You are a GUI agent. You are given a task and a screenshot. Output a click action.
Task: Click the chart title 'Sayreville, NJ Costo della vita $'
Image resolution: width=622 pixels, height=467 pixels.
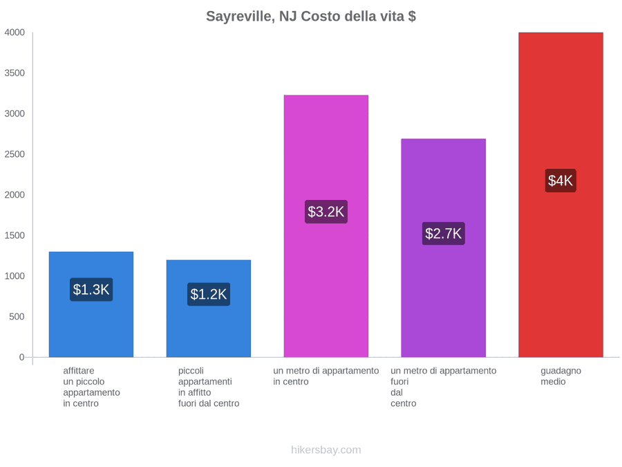(311, 17)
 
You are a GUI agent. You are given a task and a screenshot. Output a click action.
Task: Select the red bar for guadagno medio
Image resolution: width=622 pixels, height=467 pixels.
(560, 194)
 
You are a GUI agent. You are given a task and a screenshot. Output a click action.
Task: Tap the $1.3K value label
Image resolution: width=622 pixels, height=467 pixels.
(91, 289)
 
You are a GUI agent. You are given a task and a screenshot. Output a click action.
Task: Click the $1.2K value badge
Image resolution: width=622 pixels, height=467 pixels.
(209, 294)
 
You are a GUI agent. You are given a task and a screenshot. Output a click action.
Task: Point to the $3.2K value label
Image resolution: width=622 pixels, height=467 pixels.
(326, 212)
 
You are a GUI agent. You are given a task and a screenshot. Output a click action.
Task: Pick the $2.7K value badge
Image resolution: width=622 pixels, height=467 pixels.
(444, 234)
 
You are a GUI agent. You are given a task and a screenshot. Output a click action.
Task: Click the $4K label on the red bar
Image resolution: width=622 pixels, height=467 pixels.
(560, 181)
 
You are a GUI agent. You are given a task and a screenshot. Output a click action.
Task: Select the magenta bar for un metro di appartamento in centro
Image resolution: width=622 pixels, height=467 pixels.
(326, 226)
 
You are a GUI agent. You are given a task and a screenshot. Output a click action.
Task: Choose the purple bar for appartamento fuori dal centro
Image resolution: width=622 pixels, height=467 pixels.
(444, 248)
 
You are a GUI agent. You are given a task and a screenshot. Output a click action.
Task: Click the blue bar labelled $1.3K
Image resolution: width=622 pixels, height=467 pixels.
(91, 304)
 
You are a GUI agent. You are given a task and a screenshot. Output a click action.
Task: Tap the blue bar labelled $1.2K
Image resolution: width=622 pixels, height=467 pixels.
(209, 309)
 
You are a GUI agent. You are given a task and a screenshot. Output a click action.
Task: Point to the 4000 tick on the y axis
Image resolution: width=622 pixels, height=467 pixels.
(15, 33)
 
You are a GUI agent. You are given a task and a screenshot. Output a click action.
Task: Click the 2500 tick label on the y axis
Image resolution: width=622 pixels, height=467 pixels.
(15, 154)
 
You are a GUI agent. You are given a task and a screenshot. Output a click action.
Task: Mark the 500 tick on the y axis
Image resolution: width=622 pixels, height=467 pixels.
(17, 316)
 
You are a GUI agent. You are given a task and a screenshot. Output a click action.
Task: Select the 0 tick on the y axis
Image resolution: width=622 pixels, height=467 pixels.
(22, 357)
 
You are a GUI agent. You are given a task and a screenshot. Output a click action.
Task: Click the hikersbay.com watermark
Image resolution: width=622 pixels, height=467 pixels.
(326, 450)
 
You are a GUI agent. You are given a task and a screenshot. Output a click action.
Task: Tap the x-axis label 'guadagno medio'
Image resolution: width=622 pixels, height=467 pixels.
(560, 376)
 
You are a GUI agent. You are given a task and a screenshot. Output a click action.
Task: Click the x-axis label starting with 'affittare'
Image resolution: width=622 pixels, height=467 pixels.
(91, 387)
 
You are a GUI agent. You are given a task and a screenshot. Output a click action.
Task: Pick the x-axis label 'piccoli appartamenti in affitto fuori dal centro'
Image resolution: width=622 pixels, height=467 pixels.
(209, 387)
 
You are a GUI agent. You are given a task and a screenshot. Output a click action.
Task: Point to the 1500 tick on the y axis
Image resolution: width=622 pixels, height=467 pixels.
(15, 235)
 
